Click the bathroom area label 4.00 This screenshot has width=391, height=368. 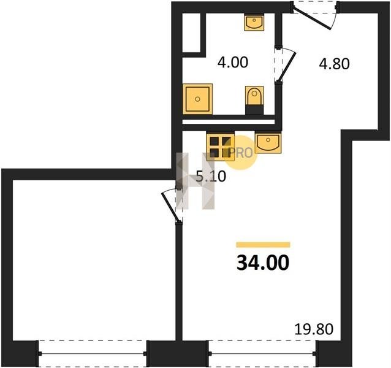[x=233, y=63]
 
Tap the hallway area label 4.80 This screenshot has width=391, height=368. [x=334, y=64]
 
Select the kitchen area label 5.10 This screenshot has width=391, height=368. [x=211, y=177]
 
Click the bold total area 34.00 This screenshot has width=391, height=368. [x=263, y=263]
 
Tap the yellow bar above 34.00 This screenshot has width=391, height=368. [x=263, y=245]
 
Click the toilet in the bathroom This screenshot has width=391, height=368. [x=254, y=100]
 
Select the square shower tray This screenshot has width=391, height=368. [x=197, y=99]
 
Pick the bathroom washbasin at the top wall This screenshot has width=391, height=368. [x=254, y=22]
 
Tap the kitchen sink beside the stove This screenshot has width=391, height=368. [x=268, y=143]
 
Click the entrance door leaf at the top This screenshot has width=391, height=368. [x=312, y=18]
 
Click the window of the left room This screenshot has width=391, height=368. [x=93, y=353]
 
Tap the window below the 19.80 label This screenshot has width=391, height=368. [x=262, y=353]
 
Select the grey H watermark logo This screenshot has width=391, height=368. [x=195, y=181]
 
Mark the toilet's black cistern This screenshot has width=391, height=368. [x=254, y=110]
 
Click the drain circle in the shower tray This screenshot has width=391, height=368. [x=197, y=99]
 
